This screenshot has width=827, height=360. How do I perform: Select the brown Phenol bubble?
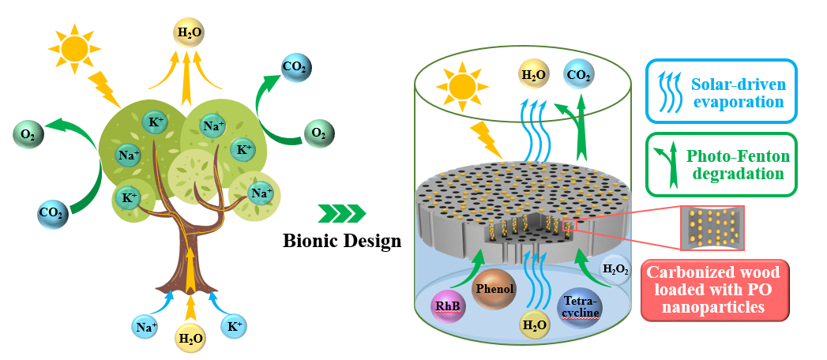click(494, 289)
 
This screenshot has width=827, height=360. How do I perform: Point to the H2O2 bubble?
click(617, 268)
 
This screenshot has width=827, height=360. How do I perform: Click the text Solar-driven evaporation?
click(738, 92)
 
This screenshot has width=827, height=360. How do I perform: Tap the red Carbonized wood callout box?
click(714, 290)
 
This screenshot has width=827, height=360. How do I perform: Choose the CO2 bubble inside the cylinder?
click(579, 76)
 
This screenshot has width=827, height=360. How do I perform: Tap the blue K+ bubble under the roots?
click(235, 325)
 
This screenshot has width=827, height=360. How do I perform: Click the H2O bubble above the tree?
click(188, 33)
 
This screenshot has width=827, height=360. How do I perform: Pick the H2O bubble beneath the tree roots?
click(190, 339)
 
